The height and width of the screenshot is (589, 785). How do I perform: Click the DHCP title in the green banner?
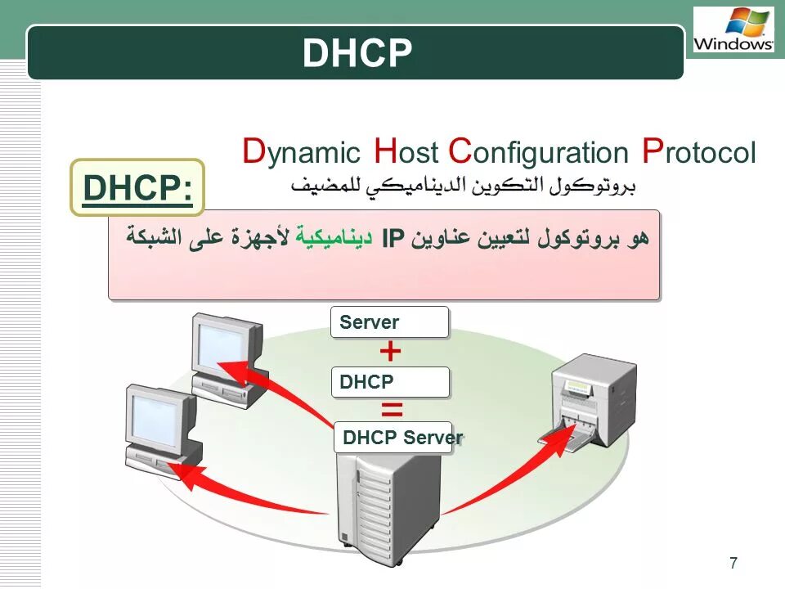pyautogui.click(x=357, y=53)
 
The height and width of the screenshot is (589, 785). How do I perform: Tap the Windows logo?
pyautogui.click(x=733, y=30)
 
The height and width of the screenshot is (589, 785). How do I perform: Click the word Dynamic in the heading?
pyautogui.click(x=301, y=152)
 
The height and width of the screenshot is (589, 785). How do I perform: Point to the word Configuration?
pyautogui.click(x=539, y=153)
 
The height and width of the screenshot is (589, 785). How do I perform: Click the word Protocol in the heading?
pyautogui.click(x=699, y=152)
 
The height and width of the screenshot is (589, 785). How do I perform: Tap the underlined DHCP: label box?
pyautogui.click(x=137, y=188)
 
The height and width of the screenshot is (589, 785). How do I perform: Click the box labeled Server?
pyautogui.click(x=390, y=322)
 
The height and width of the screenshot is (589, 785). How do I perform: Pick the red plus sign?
pyautogui.click(x=391, y=352)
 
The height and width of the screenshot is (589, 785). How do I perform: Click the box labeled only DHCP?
pyautogui.click(x=390, y=382)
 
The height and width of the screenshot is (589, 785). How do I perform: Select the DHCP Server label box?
pyautogui.click(x=399, y=438)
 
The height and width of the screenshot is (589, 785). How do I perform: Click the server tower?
pyautogui.click(x=388, y=507)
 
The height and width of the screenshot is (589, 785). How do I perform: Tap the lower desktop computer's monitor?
pyautogui.click(x=157, y=419)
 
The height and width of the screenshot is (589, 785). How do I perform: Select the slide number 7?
pyautogui.click(x=733, y=562)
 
